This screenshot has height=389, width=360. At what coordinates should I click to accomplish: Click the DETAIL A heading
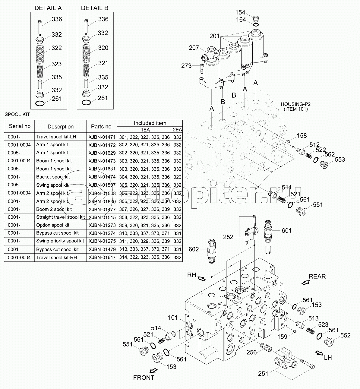point(48,8)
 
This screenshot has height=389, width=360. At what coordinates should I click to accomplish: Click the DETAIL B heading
point(95,8)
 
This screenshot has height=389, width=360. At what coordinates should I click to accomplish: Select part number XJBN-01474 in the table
point(102,177)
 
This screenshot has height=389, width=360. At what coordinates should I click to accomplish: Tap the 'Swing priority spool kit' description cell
point(60,241)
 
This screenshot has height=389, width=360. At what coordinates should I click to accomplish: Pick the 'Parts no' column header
point(101,127)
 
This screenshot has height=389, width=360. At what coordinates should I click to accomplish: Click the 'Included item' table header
point(150,123)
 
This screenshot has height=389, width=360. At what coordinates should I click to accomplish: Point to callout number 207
point(194,48)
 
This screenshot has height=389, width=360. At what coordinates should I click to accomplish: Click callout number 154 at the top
point(240,12)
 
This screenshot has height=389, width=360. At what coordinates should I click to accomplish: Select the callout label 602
point(194,249)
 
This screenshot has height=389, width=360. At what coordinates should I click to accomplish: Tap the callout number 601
point(286,231)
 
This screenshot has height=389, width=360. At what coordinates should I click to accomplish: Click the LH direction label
point(328,358)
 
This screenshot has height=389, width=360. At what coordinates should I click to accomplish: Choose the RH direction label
point(192,275)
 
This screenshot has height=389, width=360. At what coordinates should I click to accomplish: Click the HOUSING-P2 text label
point(295,104)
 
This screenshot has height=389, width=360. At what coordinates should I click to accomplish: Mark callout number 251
point(263,374)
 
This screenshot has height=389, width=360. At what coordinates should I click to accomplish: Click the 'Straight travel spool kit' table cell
point(60,217)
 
